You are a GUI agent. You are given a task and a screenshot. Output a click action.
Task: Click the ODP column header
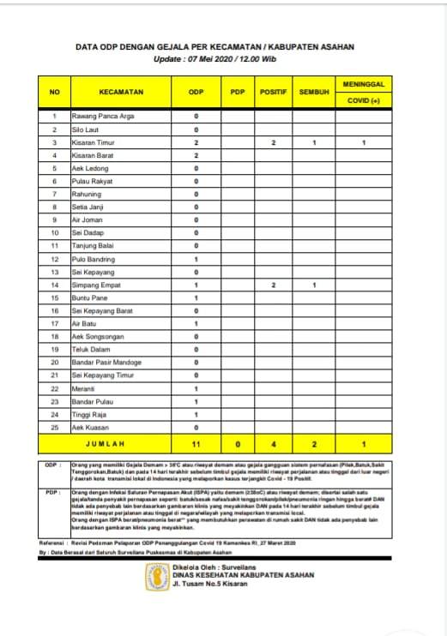pyautogui.click(x=196, y=91)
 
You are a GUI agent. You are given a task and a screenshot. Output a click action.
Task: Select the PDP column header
pyautogui.click(x=238, y=91)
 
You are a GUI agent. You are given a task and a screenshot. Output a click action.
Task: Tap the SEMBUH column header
pyautogui.click(x=315, y=91)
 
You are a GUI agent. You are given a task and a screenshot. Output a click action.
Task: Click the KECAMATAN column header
pyautogui.click(x=120, y=91)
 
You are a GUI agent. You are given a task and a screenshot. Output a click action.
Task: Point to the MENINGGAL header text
pyautogui.click(x=365, y=83)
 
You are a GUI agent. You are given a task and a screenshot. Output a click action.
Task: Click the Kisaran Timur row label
pyautogui.click(x=94, y=142)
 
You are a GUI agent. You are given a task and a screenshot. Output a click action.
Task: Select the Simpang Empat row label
pyautogui.click(x=95, y=284)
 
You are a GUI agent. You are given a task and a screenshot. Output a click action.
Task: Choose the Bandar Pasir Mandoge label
pyautogui.click(x=106, y=361)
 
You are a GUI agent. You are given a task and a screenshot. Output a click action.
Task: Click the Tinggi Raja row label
pyautogui.click(x=89, y=414)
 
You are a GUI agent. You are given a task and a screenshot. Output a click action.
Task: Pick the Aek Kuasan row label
pyautogui.click(x=90, y=427)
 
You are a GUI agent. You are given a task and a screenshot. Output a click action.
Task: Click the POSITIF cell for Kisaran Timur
pyautogui.click(x=273, y=142)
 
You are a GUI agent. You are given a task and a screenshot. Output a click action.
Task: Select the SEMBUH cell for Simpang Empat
pyautogui.click(x=315, y=284)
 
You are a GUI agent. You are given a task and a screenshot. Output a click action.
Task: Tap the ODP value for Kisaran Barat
pyautogui.click(x=196, y=156)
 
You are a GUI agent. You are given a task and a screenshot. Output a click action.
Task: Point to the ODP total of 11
pyautogui.click(x=196, y=445)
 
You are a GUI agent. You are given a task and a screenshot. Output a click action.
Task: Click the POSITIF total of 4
pyautogui.click(x=273, y=445)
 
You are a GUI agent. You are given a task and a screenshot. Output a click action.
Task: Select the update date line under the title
pyautogui.click(x=217, y=59)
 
